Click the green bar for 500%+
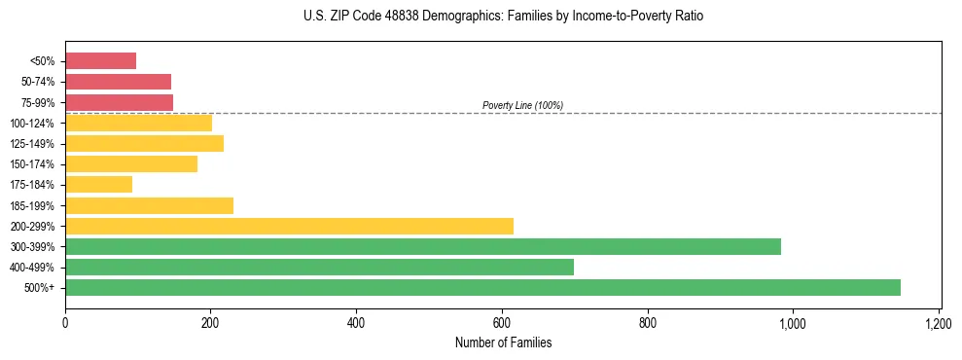(x=482, y=287)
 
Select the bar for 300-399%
(x=423, y=246)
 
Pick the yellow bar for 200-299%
(x=289, y=226)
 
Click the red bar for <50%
(x=100, y=61)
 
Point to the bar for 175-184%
(x=98, y=184)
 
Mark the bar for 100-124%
(x=138, y=123)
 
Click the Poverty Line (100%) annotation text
(x=522, y=105)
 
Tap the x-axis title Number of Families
(x=502, y=342)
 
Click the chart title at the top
(x=503, y=17)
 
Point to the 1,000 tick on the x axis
(x=793, y=322)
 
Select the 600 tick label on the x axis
(x=502, y=322)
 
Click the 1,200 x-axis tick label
(x=938, y=322)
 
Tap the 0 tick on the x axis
(x=65, y=322)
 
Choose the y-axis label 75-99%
(x=38, y=102)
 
